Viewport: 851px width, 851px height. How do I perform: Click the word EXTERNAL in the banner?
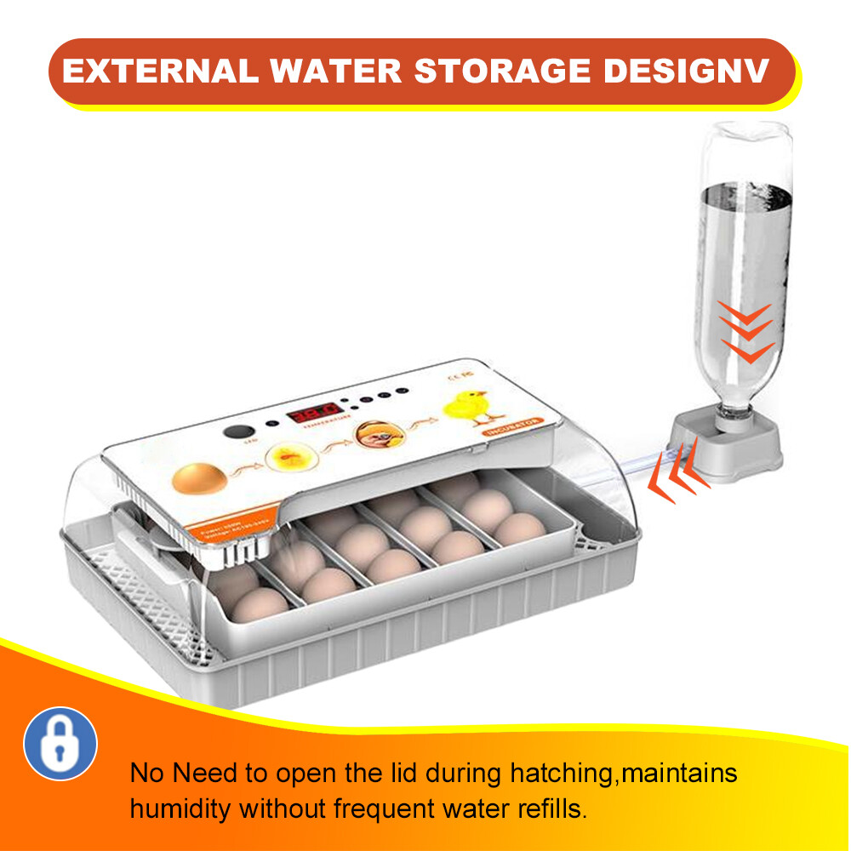(x=159, y=71)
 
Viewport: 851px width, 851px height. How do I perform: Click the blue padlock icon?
(x=60, y=744)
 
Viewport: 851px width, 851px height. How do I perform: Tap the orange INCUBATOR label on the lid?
(x=511, y=430)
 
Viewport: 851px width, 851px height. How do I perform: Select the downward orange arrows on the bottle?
(x=745, y=332)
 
